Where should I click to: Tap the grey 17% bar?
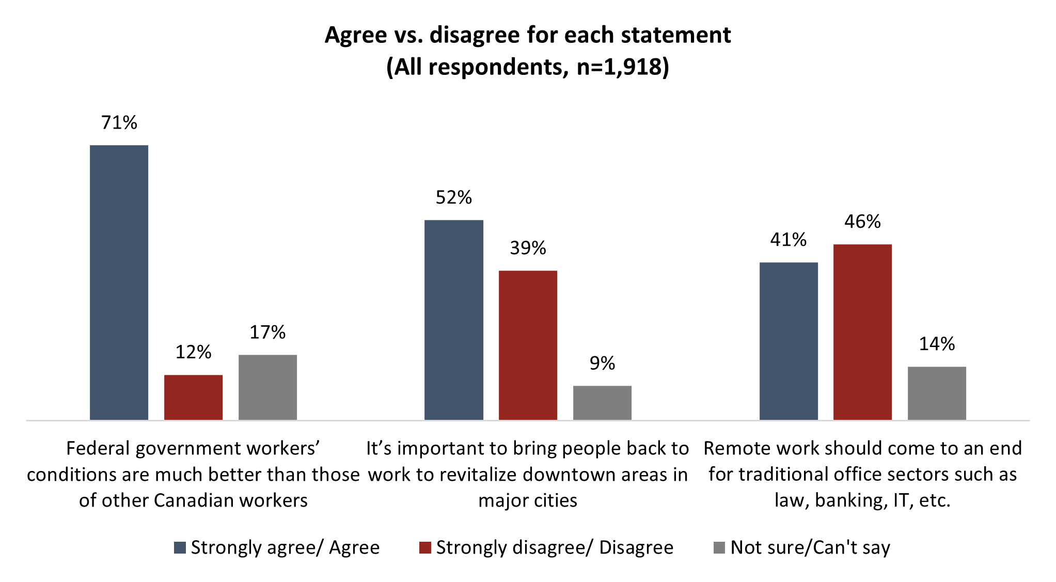click(x=267, y=387)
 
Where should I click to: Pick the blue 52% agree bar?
click(x=453, y=320)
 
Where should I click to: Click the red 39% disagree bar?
click(x=528, y=345)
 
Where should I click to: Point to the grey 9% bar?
click(x=602, y=402)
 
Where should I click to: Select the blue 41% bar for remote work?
click(x=789, y=341)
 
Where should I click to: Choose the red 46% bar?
click(x=862, y=332)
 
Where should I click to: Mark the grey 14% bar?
click(x=937, y=393)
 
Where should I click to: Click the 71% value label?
click(x=119, y=122)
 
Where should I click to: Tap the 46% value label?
click(x=862, y=222)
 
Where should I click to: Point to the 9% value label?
click(x=602, y=364)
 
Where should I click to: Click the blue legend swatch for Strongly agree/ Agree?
click(x=180, y=548)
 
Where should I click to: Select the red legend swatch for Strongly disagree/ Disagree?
click(x=425, y=548)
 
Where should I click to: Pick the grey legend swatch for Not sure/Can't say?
click(x=719, y=548)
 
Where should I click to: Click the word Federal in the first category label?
click(x=97, y=448)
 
